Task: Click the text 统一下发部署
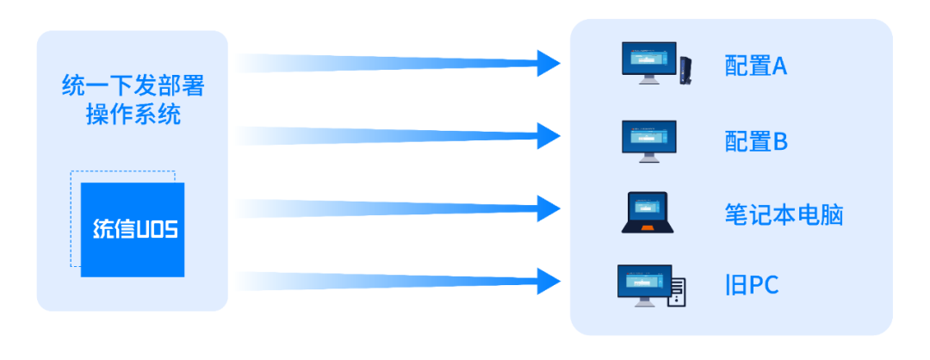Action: point(133,87)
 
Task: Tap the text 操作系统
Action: point(133,115)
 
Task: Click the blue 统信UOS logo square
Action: point(133,229)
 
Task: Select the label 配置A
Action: point(756,67)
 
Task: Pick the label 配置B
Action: point(756,141)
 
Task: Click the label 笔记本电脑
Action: point(783,214)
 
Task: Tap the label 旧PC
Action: point(752,285)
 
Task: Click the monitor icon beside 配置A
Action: point(648,63)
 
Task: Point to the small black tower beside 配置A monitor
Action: point(686,70)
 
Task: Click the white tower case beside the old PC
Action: point(679,292)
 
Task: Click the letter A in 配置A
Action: point(778,67)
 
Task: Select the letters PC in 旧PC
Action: point(760,285)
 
